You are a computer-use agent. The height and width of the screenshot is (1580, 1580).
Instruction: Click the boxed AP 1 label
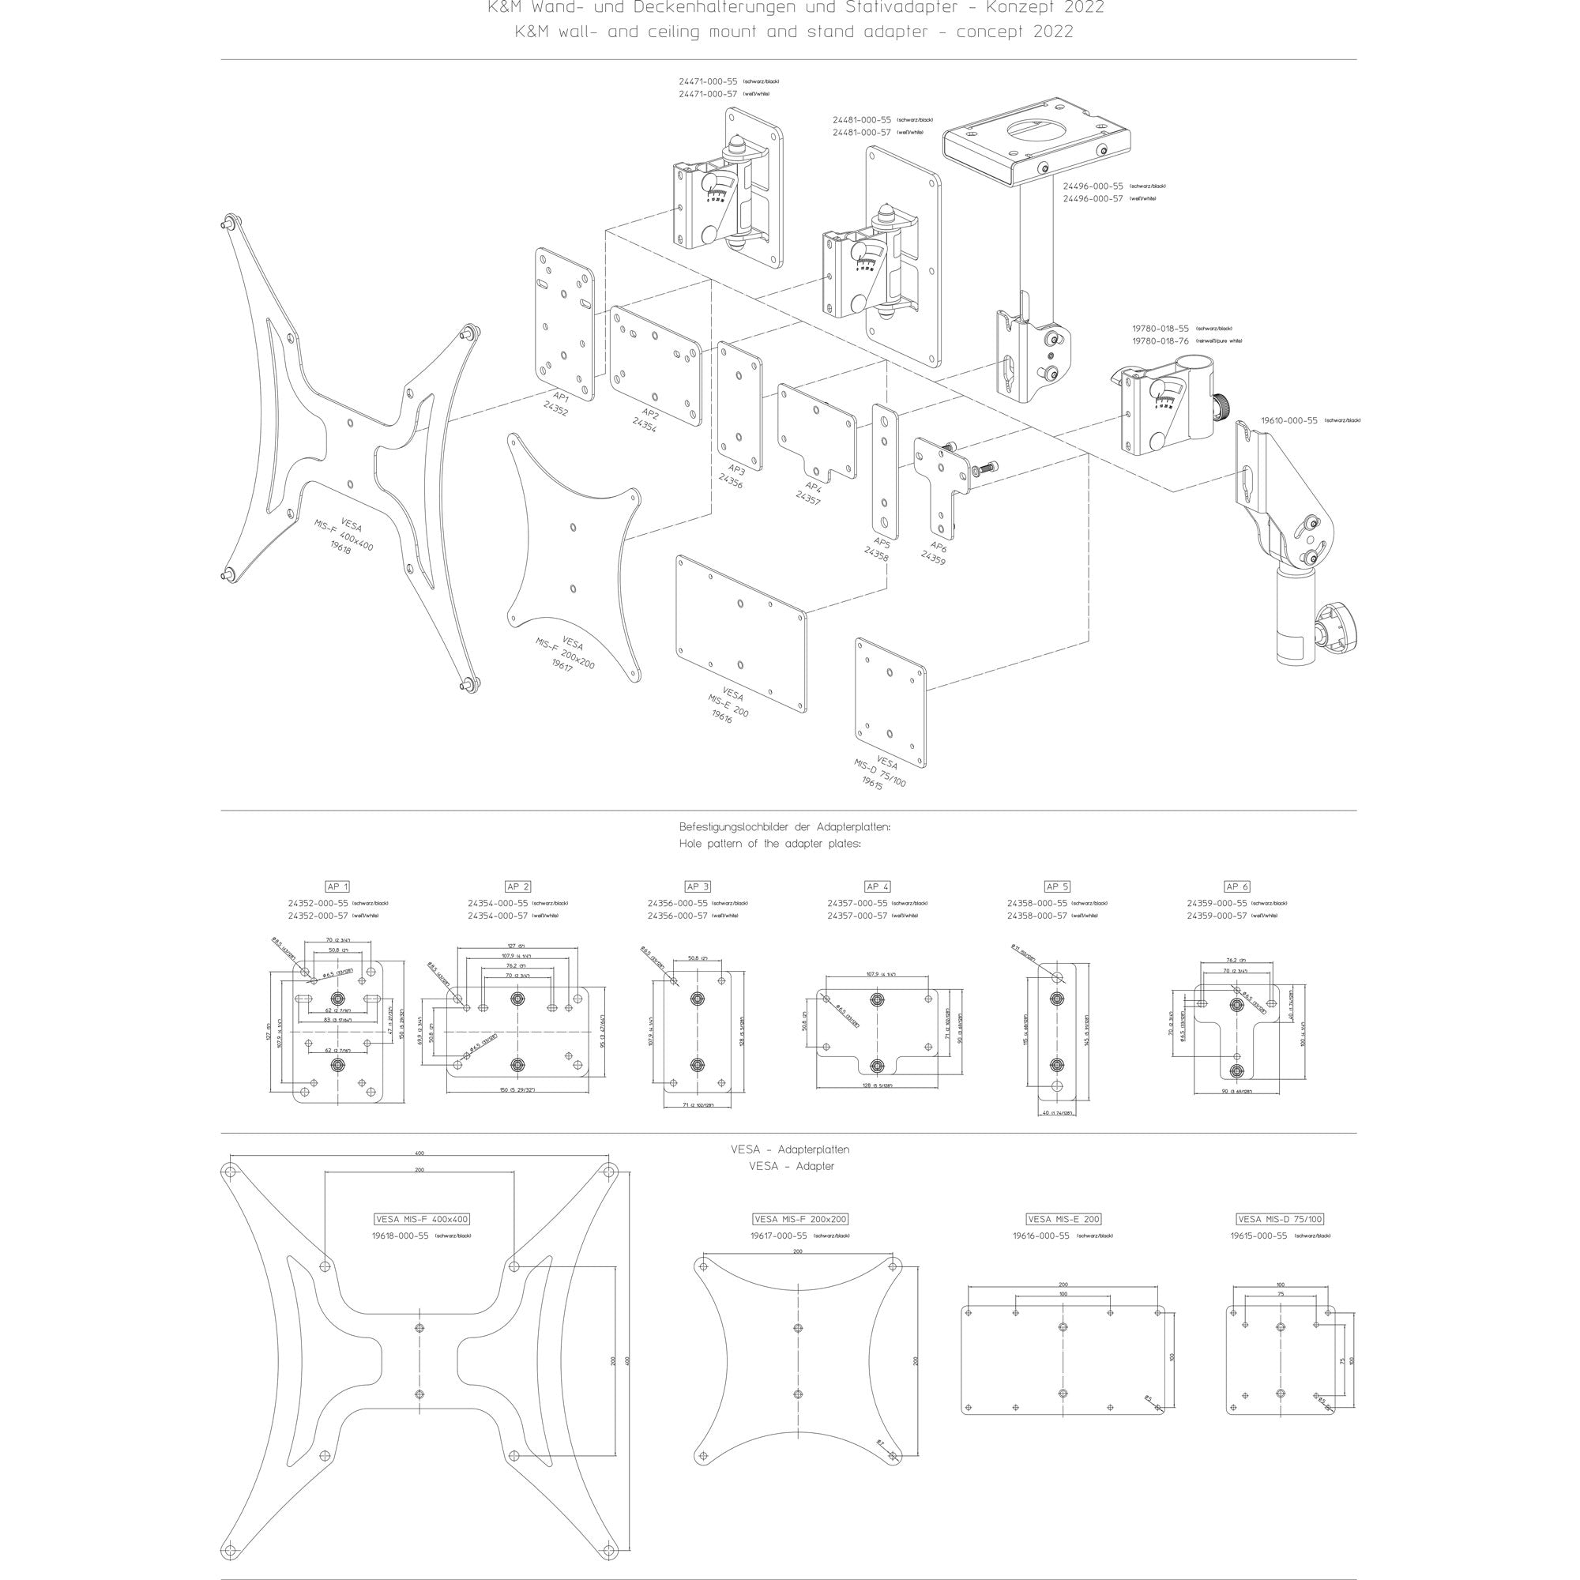[338, 886]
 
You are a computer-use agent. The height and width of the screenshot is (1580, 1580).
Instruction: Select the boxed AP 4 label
[878, 886]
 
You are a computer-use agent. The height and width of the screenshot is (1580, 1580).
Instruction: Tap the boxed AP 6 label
[1237, 886]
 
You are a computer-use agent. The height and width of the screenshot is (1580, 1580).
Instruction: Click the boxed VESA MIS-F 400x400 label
[422, 1218]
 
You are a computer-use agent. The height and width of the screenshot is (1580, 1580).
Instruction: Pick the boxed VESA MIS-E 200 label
[1063, 1218]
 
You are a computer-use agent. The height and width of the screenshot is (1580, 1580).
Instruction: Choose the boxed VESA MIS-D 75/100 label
[1280, 1218]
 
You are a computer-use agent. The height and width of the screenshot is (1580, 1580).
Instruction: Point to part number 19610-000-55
[1288, 420]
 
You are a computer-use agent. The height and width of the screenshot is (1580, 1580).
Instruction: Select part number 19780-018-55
[1161, 328]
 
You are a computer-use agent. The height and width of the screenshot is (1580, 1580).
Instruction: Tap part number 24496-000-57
[1093, 199]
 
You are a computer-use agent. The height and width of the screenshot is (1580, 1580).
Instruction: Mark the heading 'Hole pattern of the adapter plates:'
[769, 843]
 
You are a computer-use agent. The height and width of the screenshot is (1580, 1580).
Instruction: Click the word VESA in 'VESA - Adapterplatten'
[747, 1149]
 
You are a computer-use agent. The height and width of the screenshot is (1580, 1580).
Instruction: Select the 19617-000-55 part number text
[779, 1236]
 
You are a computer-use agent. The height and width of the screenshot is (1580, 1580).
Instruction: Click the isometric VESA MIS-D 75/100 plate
[890, 702]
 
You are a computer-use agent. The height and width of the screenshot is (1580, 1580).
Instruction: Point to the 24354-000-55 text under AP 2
[497, 903]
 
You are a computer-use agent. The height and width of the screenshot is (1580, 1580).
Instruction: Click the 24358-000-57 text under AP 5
[1037, 916]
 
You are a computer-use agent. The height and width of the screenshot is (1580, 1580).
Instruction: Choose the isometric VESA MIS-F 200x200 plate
[573, 556]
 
